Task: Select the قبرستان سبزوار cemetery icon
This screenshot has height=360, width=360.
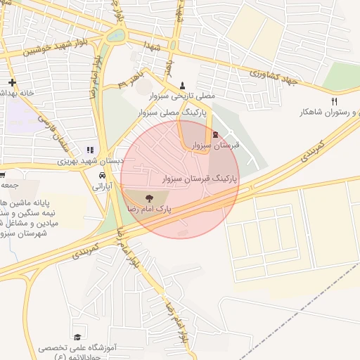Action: (x=215, y=134)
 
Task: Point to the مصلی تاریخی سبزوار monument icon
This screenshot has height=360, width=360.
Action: (x=184, y=84)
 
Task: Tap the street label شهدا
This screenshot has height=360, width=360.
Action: (x=155, y=45)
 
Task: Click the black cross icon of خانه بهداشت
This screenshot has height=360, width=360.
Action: (x=12, y=82)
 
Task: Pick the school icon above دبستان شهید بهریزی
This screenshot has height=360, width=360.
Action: (x=89, y=150)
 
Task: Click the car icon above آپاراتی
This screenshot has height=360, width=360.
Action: (x=102, y=176)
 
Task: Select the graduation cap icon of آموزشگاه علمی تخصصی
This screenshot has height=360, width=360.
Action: (x=77, y=328)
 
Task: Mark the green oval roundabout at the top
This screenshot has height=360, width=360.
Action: (x=117, y=34)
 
